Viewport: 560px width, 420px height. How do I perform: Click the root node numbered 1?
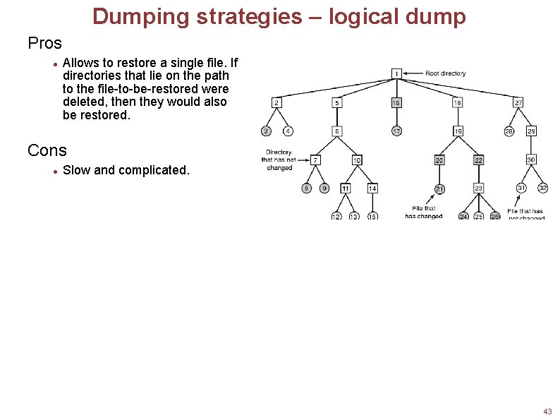397,73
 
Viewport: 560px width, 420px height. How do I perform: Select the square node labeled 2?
276,102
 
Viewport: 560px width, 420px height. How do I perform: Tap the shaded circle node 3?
266,131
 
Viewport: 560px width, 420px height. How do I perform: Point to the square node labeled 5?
337,102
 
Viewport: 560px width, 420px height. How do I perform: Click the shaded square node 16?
397,102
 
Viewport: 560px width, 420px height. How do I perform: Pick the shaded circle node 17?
397,131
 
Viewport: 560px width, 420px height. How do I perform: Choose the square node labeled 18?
458,102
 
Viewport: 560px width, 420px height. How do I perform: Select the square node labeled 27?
518,102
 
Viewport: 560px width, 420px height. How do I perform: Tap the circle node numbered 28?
509,131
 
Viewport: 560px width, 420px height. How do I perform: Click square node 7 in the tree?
315,160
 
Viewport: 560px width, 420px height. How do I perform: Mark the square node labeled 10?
357,160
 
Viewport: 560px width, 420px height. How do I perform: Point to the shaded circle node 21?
439,188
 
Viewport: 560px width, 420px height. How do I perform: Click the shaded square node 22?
478,160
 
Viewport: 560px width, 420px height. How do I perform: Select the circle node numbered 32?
542,188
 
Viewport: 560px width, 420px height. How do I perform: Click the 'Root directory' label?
445,73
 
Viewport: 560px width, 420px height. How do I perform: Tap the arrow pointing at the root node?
414,73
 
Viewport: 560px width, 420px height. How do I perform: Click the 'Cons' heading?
47,150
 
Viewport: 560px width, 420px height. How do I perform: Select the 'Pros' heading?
44,43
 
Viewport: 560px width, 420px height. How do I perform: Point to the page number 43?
547,411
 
